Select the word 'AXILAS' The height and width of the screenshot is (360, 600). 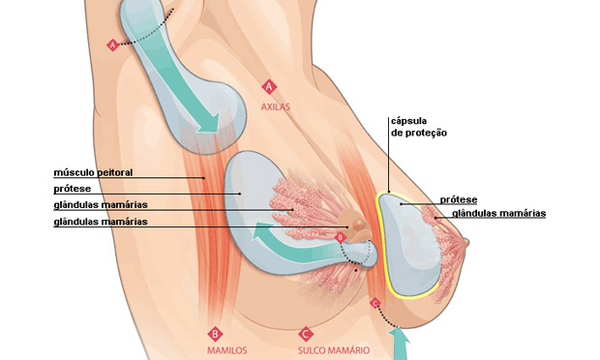[276, 106]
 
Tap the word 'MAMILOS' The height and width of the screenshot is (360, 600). [226, 349]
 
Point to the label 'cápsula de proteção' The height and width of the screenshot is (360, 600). [417, 127]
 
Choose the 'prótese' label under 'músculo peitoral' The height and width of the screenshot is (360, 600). [74, 190]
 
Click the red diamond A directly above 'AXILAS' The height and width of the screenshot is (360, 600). [269, 86]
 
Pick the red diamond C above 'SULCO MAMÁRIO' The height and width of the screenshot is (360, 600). [306, 331]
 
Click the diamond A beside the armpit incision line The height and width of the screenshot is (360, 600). [113, 45]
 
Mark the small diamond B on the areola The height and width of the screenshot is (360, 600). [340, 236]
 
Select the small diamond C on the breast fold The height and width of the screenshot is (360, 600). [375, 303]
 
